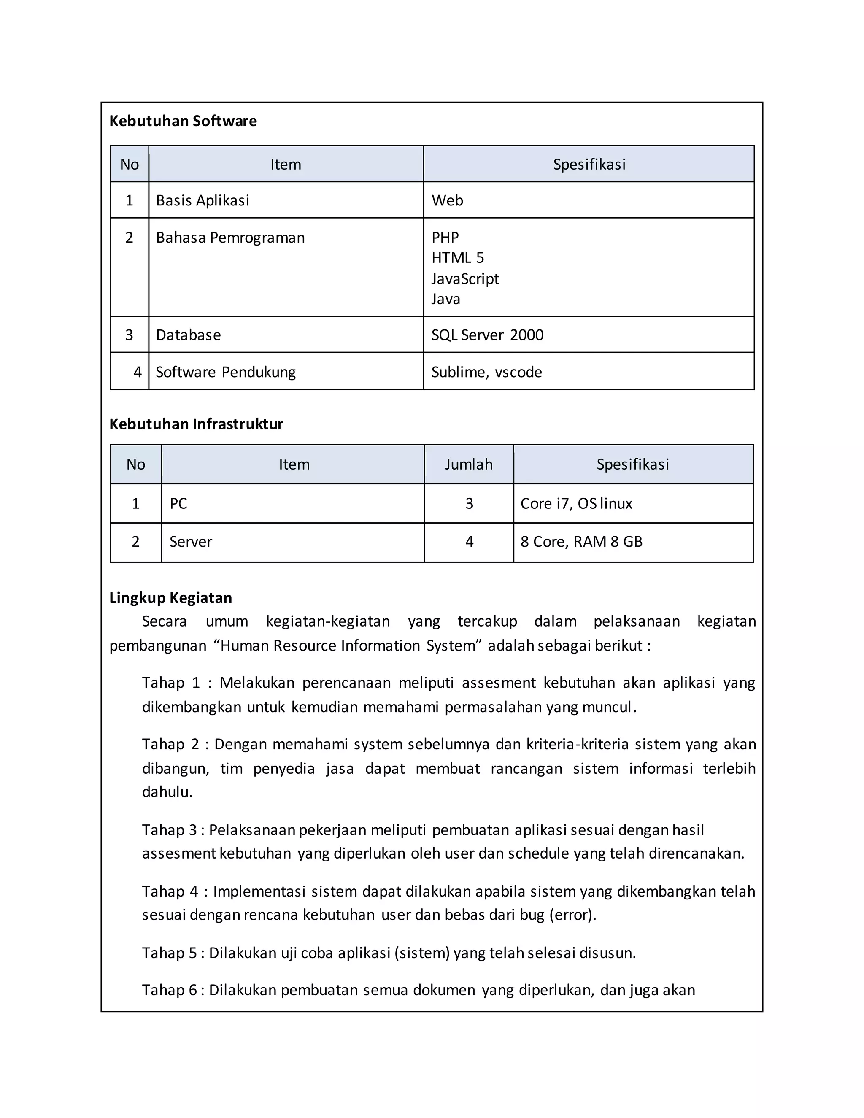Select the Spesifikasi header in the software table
589,164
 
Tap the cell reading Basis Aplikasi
202,200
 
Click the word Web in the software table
447,200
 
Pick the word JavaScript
465,278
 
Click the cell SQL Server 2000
487,335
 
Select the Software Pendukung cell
225,372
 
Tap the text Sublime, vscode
486,372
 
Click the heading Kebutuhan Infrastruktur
196,424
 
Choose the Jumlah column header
468,464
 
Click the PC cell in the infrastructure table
178,504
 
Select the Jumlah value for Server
469,542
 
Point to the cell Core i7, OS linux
576,504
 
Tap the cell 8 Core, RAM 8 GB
581,542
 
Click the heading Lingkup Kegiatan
170,598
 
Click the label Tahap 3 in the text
169,830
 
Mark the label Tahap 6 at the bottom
169,990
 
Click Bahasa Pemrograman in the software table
230,238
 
